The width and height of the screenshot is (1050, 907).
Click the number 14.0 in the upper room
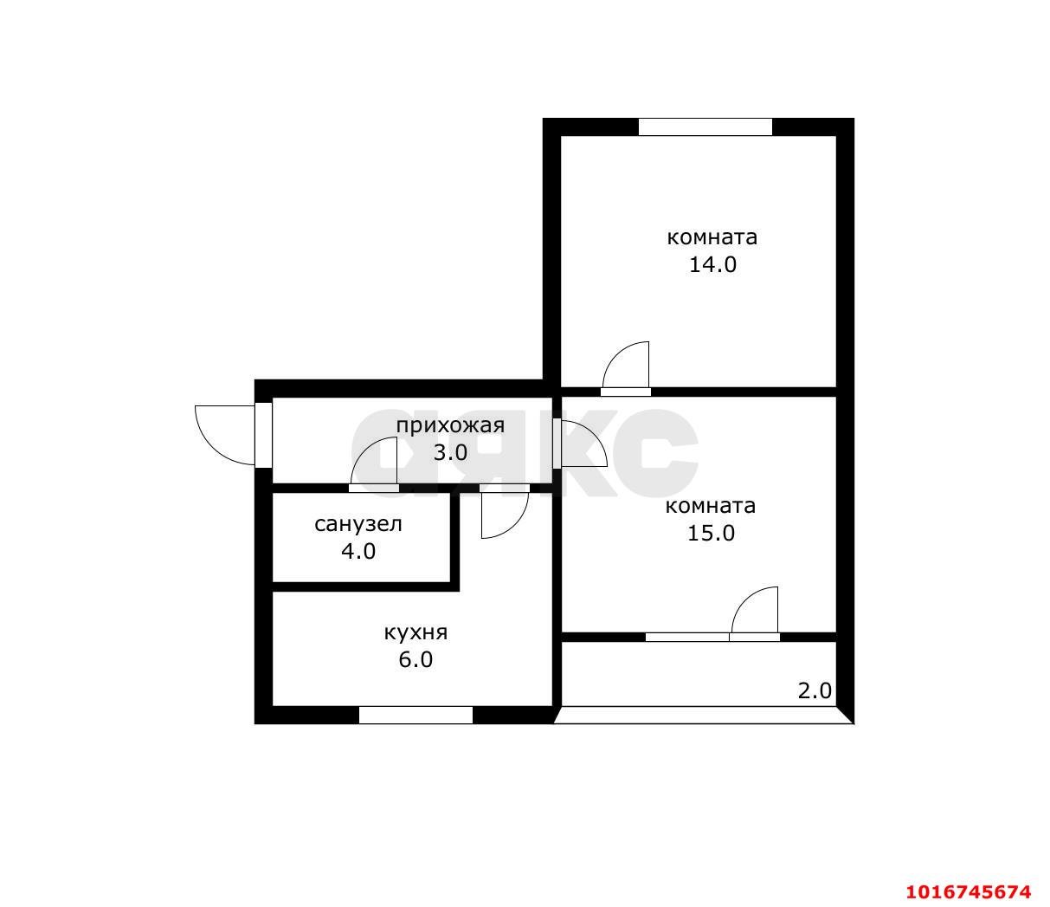pos(712,265)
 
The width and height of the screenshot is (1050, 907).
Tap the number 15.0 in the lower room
pos(711,534)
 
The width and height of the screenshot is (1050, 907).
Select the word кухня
pos(415,633)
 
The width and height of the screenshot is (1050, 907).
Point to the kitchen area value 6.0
pos(415,660)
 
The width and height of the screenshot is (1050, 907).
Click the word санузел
pos(358,524)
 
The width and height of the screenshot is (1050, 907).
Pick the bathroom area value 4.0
pos(358,551)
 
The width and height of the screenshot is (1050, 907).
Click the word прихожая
pos(450,426)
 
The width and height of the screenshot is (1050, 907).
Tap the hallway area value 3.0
pos(450,452)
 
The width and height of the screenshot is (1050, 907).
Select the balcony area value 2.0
pos(815,691)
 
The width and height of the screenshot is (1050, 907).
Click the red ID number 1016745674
pos(969,891)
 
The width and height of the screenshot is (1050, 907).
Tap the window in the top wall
pos(705,126)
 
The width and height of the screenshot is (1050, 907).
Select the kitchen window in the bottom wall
pos(415,716)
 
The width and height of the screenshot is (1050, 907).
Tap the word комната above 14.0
pos(712,237)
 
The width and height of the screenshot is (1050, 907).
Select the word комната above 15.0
pos(711,506)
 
